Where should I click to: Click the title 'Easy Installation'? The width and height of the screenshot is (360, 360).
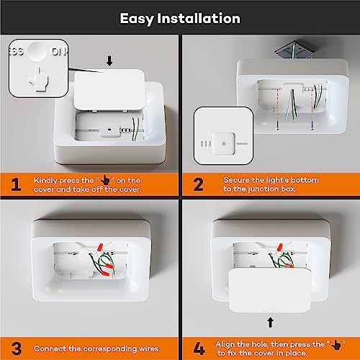(x=180, y=19)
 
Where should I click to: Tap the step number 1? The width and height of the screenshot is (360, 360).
(x=16, y=184)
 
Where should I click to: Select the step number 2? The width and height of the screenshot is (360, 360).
(x=198, y=184)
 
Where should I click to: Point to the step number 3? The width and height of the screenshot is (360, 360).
(x=17, y=348)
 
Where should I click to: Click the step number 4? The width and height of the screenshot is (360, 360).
(x=199, y=348)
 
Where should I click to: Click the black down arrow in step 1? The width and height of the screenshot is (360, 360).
(x=109, y=61)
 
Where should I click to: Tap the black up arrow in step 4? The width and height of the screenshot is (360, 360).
(x=271, y=323)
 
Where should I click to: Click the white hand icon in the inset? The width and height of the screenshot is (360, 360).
(x=39, y=78)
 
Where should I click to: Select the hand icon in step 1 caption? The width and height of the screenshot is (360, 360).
(x=105, y=180)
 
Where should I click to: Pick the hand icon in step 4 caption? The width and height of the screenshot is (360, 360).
(x=336, y=345)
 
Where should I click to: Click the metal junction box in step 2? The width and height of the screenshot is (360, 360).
(x=294, y=49)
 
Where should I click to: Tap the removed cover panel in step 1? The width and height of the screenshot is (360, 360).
(x=109, y=90)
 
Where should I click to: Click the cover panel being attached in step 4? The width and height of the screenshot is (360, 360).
(x=270, y=290)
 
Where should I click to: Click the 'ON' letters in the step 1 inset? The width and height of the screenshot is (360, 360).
(x=59, y=51)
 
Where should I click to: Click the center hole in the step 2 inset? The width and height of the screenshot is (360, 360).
(x=224, y=143)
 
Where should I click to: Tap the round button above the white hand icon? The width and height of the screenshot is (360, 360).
(x=37, y=51)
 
